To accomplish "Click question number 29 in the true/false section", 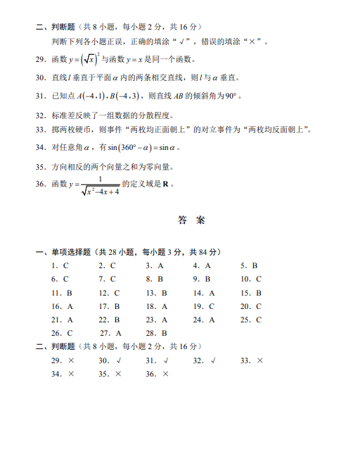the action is pyautogui.click(x=39, y=59).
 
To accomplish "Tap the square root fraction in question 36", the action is pyautogui.click(x=100, y=186).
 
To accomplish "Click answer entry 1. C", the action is pyautogui.click(x=60, y=266).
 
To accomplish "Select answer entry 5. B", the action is pyautogui.click(x=250, y=266).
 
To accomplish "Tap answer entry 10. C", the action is pyautogui.click(x=250, y=279).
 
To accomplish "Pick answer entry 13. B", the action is pyautogui.click(x=157, y=293).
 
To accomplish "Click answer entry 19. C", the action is pyautogui.click(x=202, y=306).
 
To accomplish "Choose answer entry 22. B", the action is pyautogui.click(x=109, y=320).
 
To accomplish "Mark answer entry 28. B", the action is pyautogui.click(x=157, y=333).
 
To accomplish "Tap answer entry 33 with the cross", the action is pyautogui.click(x=252, y=360).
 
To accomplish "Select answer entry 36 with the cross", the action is pyautogui.click(x=157, y=374).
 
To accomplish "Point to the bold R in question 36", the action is pyautogui.click(x=166, y=184).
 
